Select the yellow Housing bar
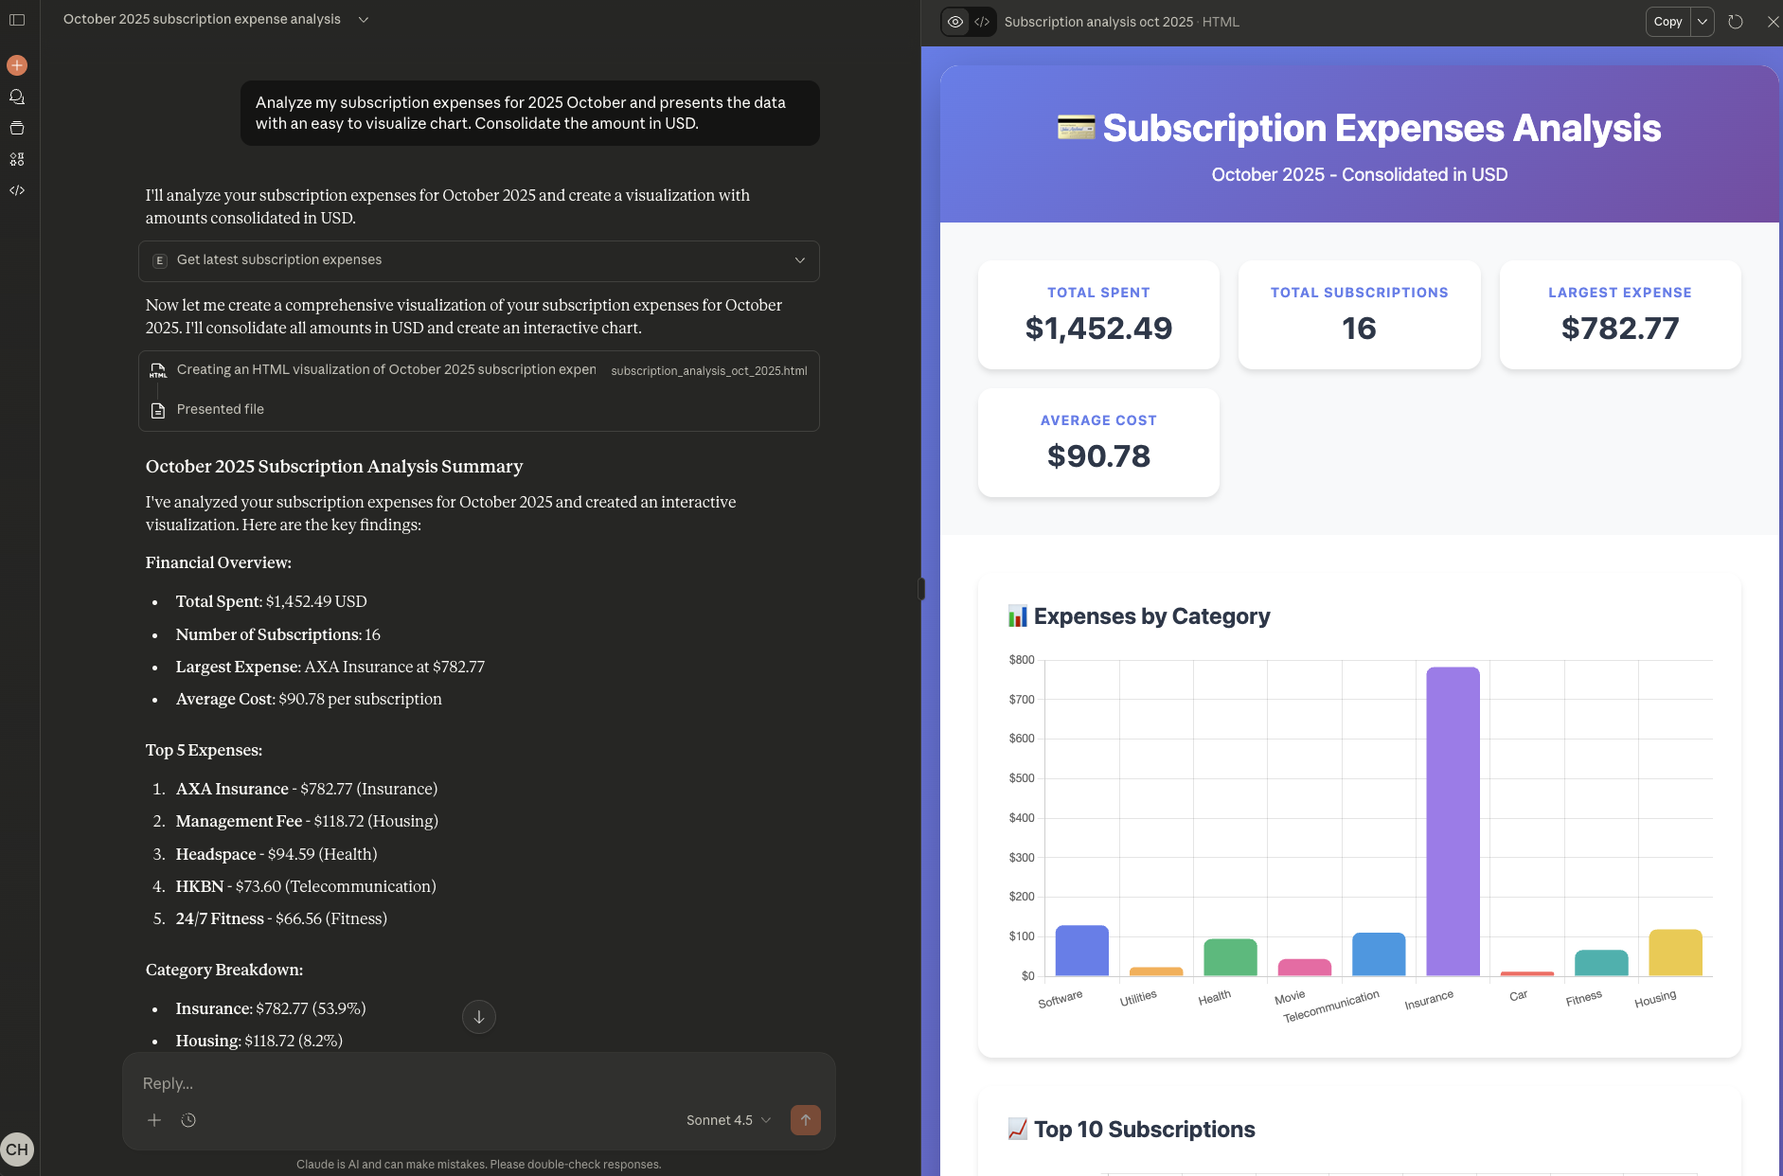coord(1675,953)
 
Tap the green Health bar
coord(1230,957)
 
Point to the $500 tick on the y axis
coord(1022,778)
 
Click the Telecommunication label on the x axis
coord(1331,1007)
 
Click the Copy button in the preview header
coord(1667,22)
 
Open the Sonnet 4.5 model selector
coord(728,1120)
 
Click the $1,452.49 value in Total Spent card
coord(1098,329)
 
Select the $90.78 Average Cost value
coord(1098,456)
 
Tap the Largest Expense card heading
coord(1619,293)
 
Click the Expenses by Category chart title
coord(1151,616)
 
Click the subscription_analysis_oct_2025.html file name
coord(708,371)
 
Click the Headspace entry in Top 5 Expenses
coord(216,854)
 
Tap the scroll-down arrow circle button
coord(479,1017)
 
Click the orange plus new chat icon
coord(17,65)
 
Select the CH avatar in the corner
coord(17,1149)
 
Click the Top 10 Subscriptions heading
coord(1144,1130)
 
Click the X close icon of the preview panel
coord(1773,22)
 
